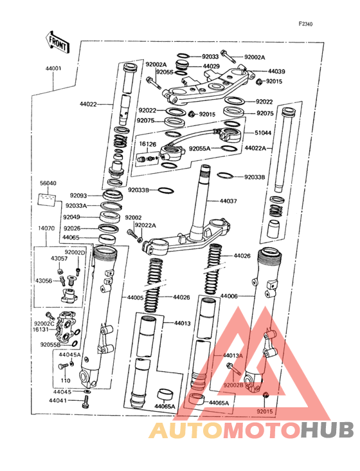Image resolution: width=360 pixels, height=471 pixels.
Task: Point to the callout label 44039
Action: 276,71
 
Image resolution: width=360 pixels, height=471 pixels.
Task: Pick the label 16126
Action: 148,144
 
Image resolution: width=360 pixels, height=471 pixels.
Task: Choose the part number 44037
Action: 229,201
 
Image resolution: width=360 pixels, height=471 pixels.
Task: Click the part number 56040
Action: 48,183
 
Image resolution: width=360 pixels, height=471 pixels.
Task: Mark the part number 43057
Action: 60,259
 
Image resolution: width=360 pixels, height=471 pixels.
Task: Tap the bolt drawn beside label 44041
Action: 85,403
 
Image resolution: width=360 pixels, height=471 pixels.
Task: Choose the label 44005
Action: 136,297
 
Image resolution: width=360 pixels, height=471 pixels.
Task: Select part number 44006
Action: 230,297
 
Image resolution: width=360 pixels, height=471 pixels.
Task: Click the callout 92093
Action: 78,195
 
